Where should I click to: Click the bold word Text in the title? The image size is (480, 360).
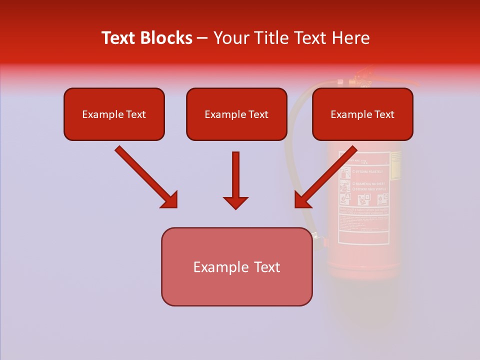click(120, 38)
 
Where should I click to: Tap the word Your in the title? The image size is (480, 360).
click(231, 38)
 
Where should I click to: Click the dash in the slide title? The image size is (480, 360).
click(202, 38)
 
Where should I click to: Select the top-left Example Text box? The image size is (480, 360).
click(114, 114)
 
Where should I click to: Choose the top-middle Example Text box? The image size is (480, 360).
click(236, 114)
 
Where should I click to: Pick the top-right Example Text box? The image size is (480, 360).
click(362, 114)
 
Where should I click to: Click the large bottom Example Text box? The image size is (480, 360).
click(236, 266)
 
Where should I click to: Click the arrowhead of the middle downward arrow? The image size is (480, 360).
click(235, 202)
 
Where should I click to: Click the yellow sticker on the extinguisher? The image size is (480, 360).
click(396, 165)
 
